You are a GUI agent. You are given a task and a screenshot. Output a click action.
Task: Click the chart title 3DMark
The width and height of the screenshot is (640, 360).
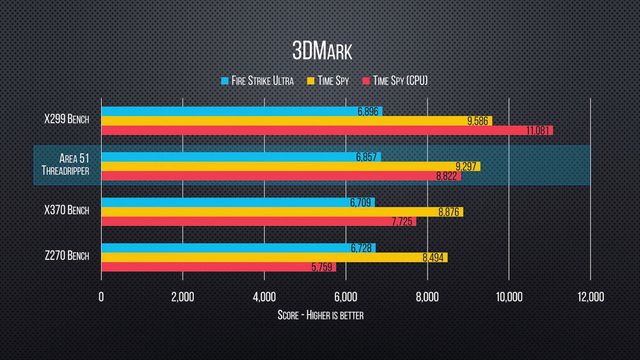point(319,49)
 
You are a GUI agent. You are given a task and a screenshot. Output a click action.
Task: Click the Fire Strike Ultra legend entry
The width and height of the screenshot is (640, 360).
point(257,79)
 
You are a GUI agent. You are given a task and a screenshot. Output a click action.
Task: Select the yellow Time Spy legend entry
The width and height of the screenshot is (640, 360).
point(335,79)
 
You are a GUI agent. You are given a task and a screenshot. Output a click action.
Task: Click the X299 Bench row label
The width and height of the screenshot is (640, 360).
point(65,120)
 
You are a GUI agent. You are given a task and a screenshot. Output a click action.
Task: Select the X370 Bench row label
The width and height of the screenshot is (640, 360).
point(65,211)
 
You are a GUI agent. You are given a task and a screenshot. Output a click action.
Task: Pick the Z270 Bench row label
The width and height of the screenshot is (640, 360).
point(65,256)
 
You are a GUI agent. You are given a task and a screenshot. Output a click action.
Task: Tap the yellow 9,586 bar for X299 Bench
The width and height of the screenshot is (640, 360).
point(290,120)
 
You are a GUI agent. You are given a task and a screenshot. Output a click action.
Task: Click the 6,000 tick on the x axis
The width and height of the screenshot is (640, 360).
point(346,297)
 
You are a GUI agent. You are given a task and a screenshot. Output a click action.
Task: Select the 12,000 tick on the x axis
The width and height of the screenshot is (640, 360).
point(590,297)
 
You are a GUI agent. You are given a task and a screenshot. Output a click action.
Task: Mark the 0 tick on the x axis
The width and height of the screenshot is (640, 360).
point(101,297)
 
